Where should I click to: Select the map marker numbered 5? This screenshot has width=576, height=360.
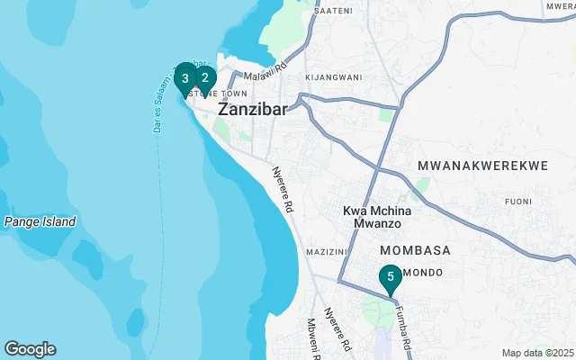click(390, 277)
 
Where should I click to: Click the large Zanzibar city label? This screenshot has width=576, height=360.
click(251, 109)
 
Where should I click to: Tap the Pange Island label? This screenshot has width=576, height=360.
click(40, 221)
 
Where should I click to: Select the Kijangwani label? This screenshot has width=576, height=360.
click(333, 77)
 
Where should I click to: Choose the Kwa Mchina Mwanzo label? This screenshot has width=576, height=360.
click(377, 217)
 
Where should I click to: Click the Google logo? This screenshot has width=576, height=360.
click(30, 348)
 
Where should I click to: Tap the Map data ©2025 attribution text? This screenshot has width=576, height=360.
click(536, 353)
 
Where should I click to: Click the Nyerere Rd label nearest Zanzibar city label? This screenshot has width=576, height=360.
click(285, 190)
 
